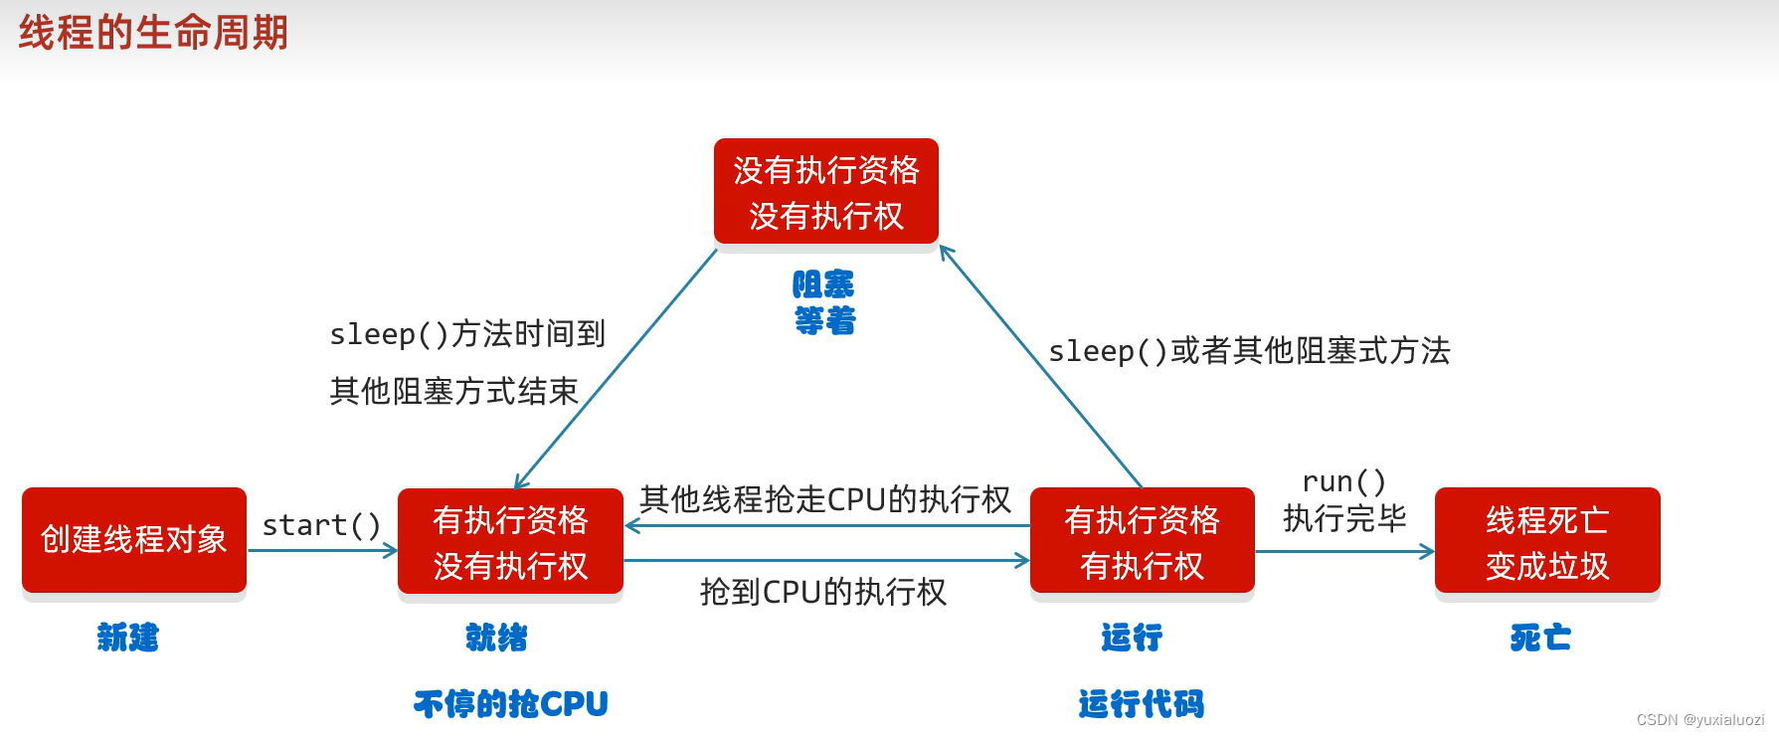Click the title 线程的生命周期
pos(153,33)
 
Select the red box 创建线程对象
pos(134,540)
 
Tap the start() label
pos(320,525)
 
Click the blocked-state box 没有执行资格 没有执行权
pos(825,192)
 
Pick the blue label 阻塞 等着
pos(823,302)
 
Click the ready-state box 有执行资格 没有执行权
pos(510,542)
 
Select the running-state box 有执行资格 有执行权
pos(1142,542)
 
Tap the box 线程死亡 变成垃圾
pos(1547,542)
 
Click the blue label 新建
pos(127,637)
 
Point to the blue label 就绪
pos(496,637)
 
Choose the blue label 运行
pos(1132,637)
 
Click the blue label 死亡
pos(1540,637)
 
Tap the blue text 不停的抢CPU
pos(510,704)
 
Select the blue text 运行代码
pos(1141,704)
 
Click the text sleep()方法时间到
pos(467,334)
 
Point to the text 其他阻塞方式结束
pos(453,391)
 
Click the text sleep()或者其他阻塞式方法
pos(1249,351)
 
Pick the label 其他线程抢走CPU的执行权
pos(824,499)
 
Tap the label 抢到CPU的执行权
pos(822,593)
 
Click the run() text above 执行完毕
pos(1343,482)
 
